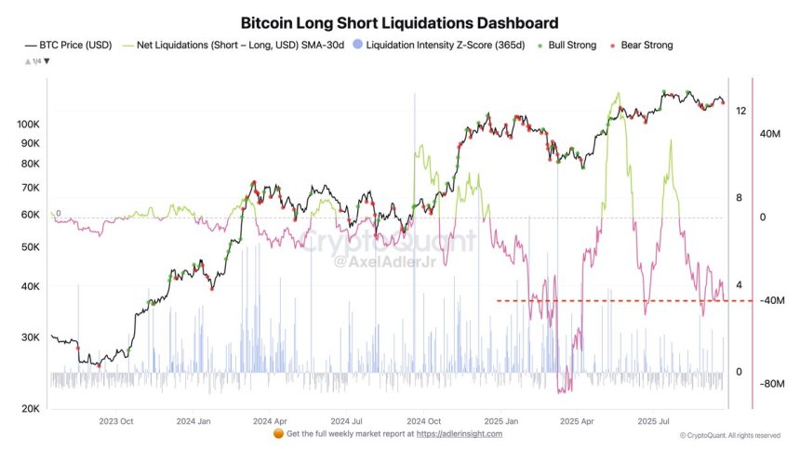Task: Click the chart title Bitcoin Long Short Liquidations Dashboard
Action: click(400, 22)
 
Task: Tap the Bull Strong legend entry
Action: click(568, 45)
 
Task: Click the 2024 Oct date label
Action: click(423, 421)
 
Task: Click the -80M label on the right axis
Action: click(772, 383)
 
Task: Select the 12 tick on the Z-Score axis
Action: click(740, 111)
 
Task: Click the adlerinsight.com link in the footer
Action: click(459, 434)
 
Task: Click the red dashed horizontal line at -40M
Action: click(605, 300)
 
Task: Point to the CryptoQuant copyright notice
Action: click(730, 435)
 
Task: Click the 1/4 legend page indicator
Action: click(37, 60)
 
